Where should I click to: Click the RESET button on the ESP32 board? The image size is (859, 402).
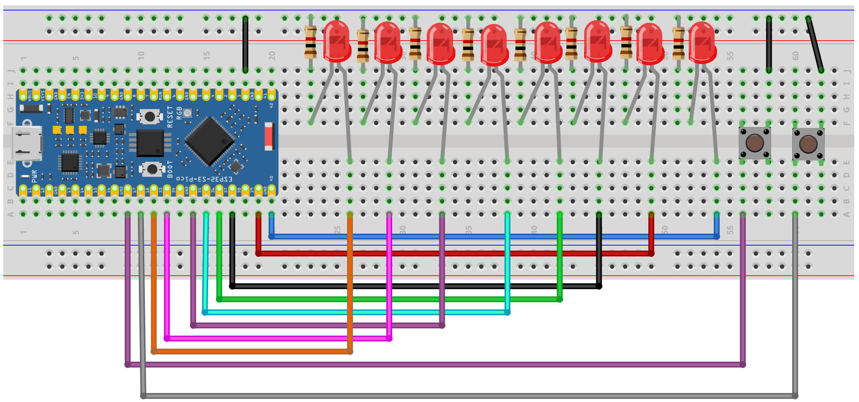[150, 117]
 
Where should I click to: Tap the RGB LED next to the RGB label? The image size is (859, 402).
[188, 113]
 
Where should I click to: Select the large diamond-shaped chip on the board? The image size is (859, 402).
[210, 141]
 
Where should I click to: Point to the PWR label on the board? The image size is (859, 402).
[34, 176]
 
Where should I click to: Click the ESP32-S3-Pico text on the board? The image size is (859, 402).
[205, 179]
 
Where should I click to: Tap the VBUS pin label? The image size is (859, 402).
[29, 94]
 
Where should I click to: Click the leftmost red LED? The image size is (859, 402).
[337, 42]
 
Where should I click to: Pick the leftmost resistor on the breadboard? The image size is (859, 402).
[310, 42]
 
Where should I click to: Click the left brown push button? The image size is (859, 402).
[754, 143]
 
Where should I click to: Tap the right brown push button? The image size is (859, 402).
[808, 144]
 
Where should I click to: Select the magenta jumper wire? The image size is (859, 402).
[275, 338]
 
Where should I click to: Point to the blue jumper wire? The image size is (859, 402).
[491, 237]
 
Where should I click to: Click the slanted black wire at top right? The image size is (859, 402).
[815, 44]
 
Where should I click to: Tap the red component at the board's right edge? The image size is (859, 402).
[268, 136]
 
